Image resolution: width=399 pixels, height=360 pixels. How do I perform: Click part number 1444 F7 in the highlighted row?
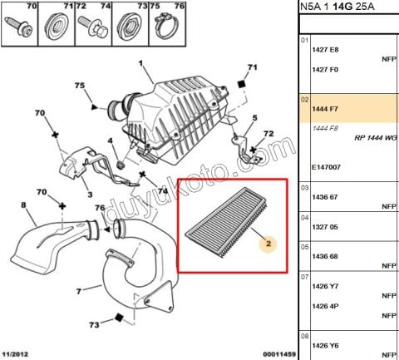pos(325,109)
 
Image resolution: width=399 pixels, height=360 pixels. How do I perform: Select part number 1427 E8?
pos(325,50)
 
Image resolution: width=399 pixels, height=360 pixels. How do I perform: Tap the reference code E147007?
pos(326,167)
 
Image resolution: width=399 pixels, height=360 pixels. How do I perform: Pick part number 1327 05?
pos(325,227)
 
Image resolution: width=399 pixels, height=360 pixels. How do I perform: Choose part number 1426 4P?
pos(325,306)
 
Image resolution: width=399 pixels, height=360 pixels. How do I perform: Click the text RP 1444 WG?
pos(376,138)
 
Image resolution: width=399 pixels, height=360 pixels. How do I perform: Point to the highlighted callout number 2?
pos(268,244)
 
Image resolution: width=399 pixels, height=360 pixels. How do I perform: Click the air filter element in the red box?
pos(228,222)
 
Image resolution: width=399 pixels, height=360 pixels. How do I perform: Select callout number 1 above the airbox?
pos(140,63)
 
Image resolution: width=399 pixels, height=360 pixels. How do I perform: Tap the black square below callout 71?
pos(242,84)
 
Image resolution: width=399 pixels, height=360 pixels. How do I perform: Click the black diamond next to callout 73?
pos(119,318)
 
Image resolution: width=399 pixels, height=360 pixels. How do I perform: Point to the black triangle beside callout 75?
pos(95,107)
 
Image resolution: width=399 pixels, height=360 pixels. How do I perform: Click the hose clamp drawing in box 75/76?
pos(167,27)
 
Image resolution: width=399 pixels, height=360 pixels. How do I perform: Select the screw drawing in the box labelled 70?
pos(19,26)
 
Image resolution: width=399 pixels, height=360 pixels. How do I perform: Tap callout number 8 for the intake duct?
pos(24,205)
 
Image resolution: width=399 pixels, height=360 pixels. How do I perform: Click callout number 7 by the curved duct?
pos(79,291)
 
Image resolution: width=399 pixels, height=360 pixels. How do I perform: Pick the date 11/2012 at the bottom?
pos(15,354)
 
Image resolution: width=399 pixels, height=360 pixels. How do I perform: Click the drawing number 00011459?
pos(279,354)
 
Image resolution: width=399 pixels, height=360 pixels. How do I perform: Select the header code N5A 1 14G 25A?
pos(337,7)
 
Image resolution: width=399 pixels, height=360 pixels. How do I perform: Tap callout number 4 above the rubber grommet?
pos(111,141)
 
